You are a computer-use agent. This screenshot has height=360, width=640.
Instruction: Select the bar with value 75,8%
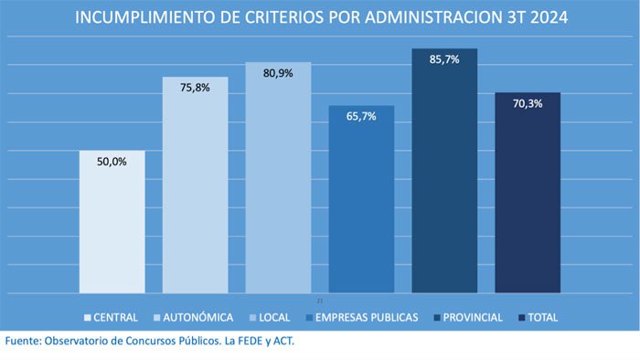point(195,187)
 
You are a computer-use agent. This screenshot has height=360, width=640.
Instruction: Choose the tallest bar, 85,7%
point(444,174)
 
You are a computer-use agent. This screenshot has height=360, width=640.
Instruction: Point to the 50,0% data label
point(112,162)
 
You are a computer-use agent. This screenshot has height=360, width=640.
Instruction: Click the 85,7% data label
point(444,60)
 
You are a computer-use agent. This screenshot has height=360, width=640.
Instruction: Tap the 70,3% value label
point(528,104)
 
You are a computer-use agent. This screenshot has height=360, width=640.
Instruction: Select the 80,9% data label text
point(278,74)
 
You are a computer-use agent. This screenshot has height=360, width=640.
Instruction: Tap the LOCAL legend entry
point(272,318)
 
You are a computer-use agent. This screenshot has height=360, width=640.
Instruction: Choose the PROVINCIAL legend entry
point(468,318)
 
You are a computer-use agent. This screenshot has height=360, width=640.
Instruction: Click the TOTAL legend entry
point(539,318)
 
